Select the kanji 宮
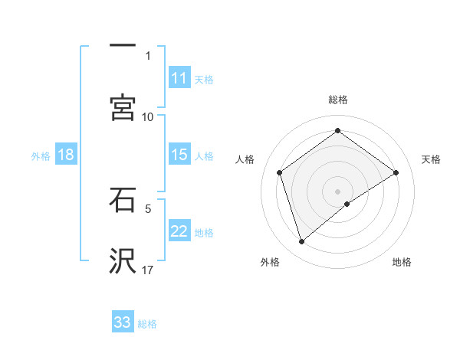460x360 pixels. click(x=123, y=107)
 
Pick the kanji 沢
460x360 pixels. click(x=123, y=261)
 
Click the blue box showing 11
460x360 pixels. click(x=179, y=78)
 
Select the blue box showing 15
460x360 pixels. click(x=179, y=155)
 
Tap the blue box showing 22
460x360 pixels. click(x=179, y=231)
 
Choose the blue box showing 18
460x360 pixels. click(x=66, y=155)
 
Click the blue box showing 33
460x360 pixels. click(x=123, y=322)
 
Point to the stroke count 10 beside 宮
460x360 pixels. click(x=148, y=116)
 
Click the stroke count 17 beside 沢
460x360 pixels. click(x=148, y=270)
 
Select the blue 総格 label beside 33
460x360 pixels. click(x=147, y=324)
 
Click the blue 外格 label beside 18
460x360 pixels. click(x=41, y=156)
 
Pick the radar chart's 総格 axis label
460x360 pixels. click(x=338, y=100)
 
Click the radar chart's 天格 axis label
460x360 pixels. click(x=431, y=159)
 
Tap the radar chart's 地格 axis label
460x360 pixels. click(x=402, y=262)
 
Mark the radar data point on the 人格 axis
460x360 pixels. click(x=280, y=172)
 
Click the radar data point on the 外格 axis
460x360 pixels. click(x=302, y=242)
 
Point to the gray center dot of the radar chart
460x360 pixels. click(x=338, y=191)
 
